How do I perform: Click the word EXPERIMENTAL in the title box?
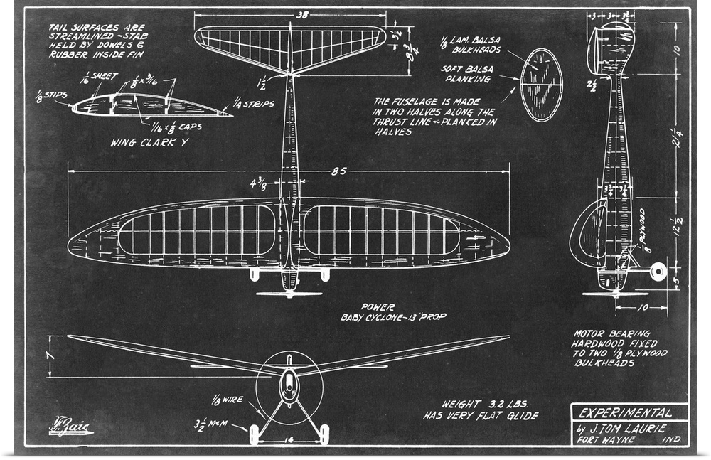click(615, 412)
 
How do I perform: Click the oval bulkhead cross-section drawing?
click(542, 85)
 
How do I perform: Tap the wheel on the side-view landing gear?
click(658, 270)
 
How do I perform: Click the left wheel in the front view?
click(254, 434)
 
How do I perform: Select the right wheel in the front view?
click(325, 434)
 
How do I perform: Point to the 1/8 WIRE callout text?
click(228, 400)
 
